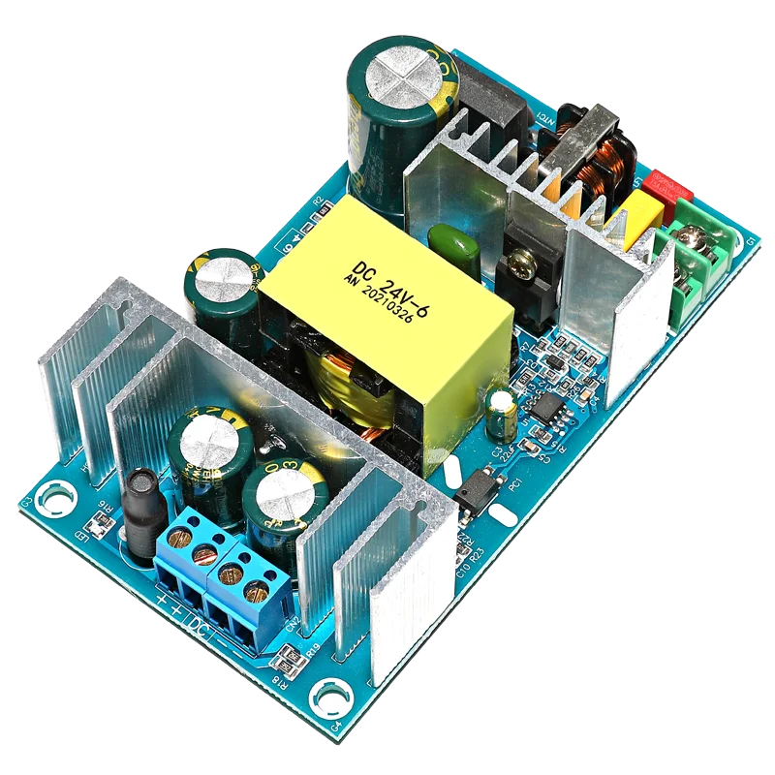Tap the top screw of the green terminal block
(x=696, y=237)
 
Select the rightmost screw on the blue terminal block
(x=255, y=590)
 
